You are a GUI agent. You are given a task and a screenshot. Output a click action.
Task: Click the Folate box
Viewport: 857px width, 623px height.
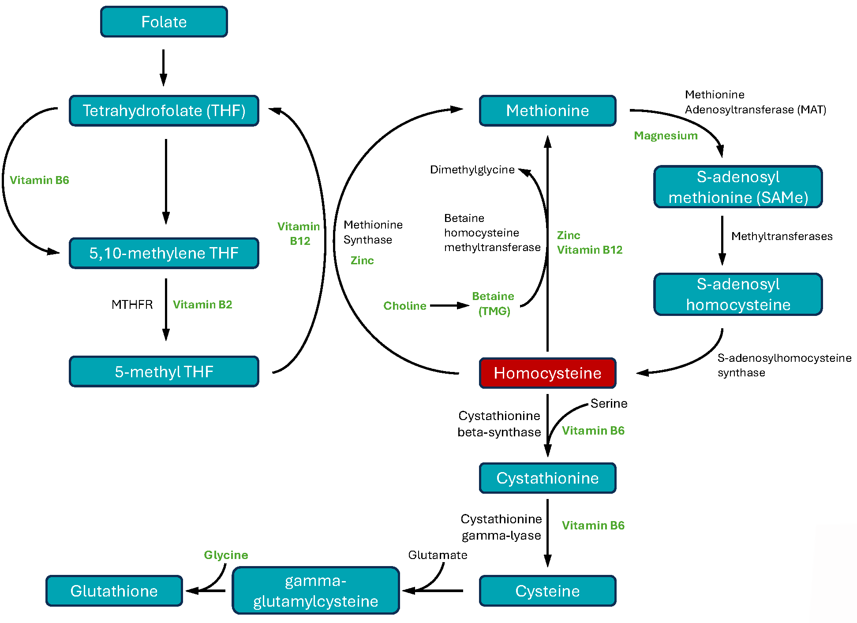point(164,22)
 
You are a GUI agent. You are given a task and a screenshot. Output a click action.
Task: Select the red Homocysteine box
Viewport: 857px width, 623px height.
point(547,373)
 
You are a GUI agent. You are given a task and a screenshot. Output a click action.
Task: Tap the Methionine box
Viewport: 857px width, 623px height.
point(547,111)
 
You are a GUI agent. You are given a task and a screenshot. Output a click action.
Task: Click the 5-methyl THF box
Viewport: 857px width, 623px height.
point(164,372)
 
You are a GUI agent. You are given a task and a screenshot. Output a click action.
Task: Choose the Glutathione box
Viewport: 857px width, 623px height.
point(114,591)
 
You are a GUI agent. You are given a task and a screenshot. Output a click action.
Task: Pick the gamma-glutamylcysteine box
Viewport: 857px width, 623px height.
point(315,591)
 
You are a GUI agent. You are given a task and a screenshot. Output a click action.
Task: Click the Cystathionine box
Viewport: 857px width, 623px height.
point(547,478)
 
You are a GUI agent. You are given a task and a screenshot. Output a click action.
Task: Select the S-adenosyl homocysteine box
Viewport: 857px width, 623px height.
point(738,294)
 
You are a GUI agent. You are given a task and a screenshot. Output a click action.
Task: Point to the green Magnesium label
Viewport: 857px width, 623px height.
point(666,136)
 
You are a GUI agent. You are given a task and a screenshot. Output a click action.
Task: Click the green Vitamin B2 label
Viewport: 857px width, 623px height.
point(202,305)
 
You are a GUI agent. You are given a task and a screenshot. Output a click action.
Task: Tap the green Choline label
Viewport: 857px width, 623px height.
point(404,306)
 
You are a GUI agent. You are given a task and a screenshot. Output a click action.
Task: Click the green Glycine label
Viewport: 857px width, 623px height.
point(226,555)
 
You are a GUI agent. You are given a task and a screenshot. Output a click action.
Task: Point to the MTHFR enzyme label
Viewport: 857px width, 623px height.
point(132,305)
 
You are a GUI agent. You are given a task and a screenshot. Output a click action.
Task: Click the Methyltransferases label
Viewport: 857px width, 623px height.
point(782,236)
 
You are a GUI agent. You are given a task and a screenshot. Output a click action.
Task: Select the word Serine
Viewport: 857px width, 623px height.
point(609,404)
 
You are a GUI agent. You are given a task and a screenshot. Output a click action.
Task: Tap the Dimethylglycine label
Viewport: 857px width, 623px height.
point(472,170)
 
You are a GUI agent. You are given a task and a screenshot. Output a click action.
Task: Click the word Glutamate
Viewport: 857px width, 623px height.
point(438,555)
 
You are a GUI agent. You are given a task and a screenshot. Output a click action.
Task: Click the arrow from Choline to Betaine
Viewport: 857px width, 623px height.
point(449,305)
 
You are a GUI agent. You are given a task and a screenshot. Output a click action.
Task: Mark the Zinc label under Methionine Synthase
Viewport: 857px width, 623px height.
point(362,261)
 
